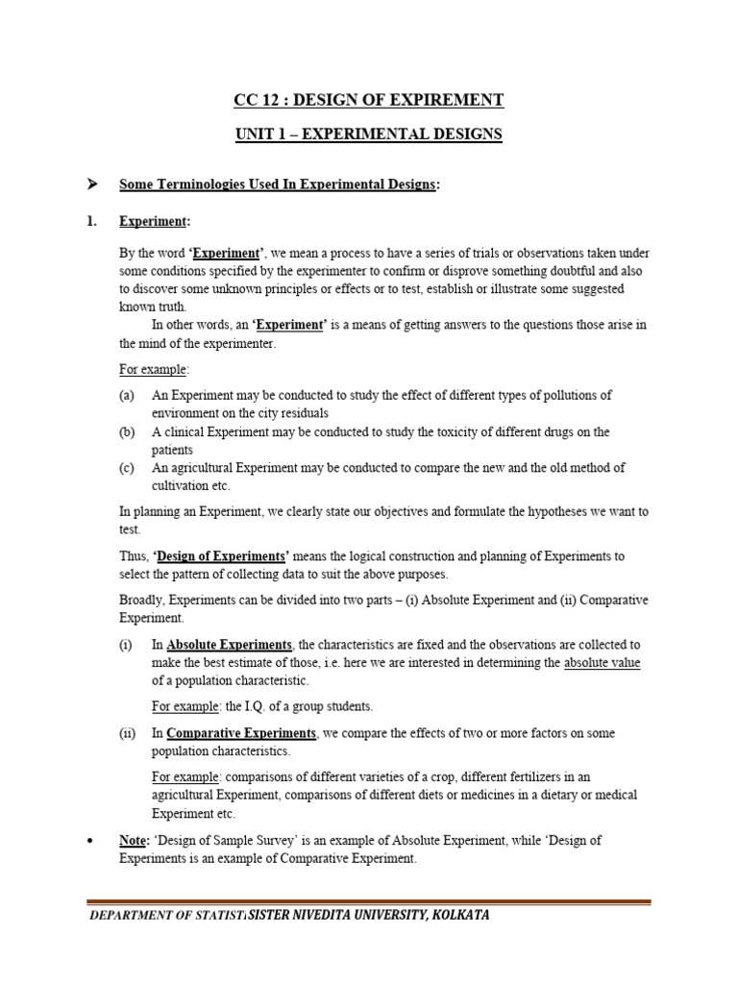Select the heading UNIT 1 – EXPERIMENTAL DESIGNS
click(369, 135)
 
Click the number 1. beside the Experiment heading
click(92, 221)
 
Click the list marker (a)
click(127, 395)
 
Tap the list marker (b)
click(127, 431)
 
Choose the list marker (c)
click(127, 468)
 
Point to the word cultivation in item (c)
click(183, 486)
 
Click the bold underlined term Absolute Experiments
click(229, 644)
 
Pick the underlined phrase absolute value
click(602, 662)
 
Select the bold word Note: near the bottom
click(135, 840)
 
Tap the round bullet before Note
click(89, 841)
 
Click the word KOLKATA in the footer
click(457, 915)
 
